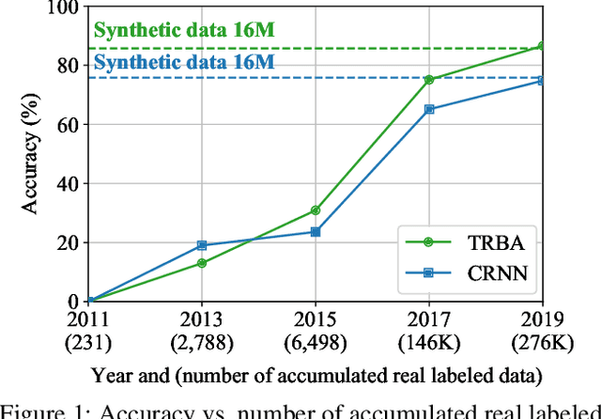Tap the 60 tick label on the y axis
pos(68,125)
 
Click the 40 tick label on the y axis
pos(68,184)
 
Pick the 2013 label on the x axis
pos(203,319)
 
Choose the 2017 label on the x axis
pos(428,319)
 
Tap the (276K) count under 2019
pos(541,341)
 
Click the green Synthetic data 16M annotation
pos(184,31)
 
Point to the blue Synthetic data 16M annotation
pos(184,62)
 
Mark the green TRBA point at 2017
pos(429,80)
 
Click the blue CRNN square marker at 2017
pos(429,109)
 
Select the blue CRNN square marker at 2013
pos(203,245)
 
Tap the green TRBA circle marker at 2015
pos(316,210)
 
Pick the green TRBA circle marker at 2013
pos(203,263)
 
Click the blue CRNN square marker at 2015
pos(316,231)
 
